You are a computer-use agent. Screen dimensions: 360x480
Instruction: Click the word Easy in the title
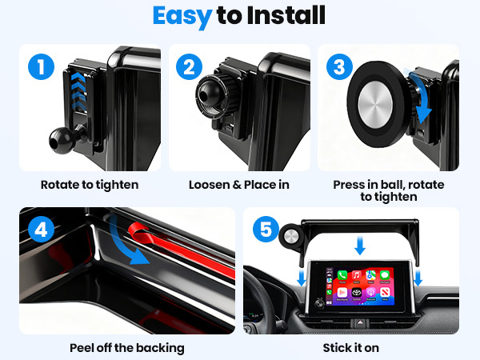pos(181,16)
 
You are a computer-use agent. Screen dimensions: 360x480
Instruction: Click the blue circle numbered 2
pos(190,66)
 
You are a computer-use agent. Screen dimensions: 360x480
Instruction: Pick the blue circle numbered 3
pos(339,66)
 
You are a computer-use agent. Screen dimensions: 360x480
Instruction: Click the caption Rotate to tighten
pos(90,185)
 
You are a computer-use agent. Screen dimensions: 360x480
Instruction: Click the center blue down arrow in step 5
pos(359,245)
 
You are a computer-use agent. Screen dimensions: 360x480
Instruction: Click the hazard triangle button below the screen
pos(356,322)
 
